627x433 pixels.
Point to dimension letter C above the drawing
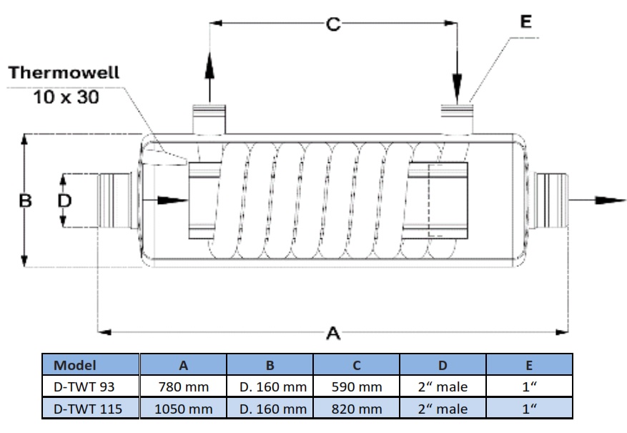coord(333,24)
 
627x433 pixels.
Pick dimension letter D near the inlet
coord(64,201)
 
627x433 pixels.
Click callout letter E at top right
coord(525,22)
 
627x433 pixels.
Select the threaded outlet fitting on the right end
coord(551,200)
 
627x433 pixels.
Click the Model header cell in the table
coord(75,366)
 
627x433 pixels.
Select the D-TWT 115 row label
coord(84,409)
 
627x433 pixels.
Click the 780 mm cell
coord(184,387)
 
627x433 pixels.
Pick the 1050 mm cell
coord(184,409)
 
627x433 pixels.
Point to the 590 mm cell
coord(357,387)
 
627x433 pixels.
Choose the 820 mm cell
coord(357,409)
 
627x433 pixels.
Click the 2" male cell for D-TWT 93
coord(443,387)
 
